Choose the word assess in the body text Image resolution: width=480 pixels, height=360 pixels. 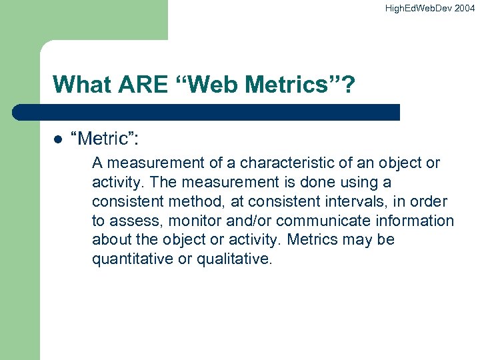click(132, 221)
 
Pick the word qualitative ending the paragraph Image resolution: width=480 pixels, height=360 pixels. click(233, 259)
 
